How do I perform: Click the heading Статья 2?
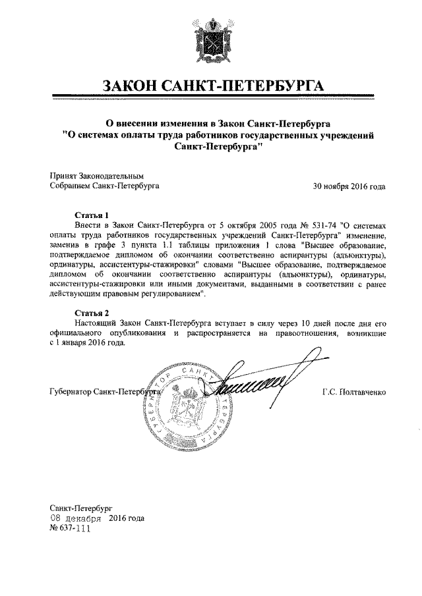pyautogui.click(x=89, y=312)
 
